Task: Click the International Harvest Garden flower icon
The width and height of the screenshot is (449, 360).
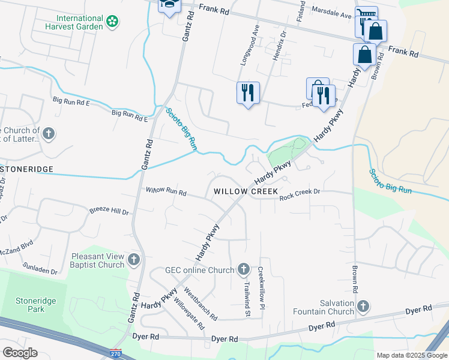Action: (112, 22)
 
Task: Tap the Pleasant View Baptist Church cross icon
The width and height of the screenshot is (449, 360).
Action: (133, 260)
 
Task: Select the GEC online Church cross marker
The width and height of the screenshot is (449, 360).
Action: (243, 269)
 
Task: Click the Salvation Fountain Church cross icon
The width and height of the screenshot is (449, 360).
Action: (363, 307)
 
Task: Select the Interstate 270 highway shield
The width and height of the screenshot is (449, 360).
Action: (116, 354)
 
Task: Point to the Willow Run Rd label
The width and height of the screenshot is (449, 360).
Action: (166, 191)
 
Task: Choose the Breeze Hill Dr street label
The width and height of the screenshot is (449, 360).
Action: (109, 211)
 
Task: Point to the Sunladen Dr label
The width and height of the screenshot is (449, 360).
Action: (40, 268)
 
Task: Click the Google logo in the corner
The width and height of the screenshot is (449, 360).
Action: (20, 352)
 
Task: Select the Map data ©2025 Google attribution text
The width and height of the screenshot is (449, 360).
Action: (412, 355)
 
